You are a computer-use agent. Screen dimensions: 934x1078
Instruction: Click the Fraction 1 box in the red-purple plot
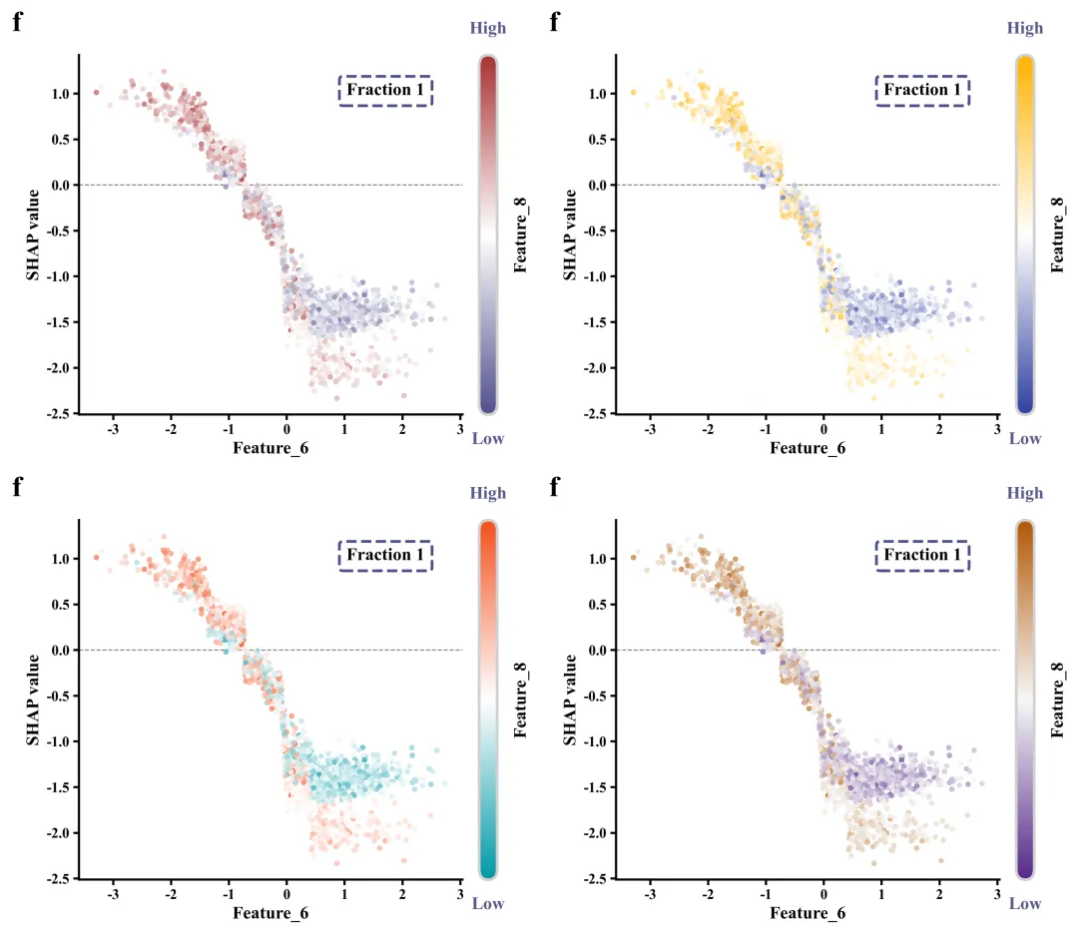(385, 91)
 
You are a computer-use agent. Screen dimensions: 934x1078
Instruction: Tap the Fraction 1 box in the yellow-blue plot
(922, 91)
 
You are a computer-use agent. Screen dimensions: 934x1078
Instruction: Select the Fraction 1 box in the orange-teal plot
(385, 556)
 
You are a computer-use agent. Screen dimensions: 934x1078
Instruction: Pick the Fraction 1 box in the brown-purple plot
(922, 556)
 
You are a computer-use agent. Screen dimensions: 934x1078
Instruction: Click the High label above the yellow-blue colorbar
(1025, 28)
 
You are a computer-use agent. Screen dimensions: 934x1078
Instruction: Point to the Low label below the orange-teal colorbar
(488, 903)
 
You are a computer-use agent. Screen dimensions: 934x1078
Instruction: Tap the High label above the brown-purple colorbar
(1025, 493)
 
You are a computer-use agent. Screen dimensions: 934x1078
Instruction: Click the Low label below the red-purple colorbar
(488, 438)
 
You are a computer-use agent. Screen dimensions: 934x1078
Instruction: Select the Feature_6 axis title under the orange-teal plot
(270, 913)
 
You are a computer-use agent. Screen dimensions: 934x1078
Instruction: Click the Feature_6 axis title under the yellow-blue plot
(808, 448)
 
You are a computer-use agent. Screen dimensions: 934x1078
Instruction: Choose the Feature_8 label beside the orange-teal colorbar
(521, 700)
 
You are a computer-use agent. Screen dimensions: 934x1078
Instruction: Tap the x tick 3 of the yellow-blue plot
(997, 429)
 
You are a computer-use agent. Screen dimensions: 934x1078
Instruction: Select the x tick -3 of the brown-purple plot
(650, 894)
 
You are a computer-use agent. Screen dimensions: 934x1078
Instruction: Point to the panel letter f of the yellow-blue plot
(555, 23)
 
